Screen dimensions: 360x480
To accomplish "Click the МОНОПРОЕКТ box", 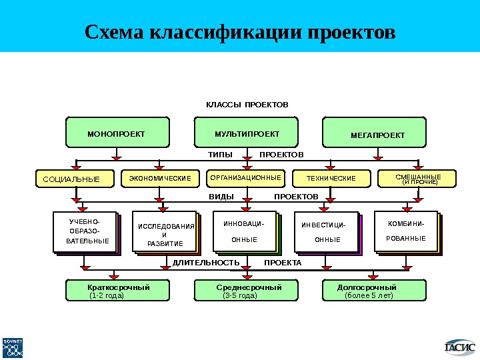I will [x=117, y=133].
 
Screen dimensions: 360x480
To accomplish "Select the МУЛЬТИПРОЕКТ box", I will [x=247, y=133].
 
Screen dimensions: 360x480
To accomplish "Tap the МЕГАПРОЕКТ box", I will [x=377, y=133].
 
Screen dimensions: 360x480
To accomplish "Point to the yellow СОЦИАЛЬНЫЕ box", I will [x=75, y=179].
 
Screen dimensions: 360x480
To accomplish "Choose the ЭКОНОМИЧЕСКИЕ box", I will [x=160, y=178].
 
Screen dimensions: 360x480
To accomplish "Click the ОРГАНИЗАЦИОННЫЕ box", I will [x=245, y=178].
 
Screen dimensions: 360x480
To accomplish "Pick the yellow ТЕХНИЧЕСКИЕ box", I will [x=331, y=178].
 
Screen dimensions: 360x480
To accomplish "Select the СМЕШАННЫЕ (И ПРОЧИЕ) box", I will [x=418, y=178].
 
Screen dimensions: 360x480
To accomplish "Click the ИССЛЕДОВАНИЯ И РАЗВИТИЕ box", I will [x=166, y=234].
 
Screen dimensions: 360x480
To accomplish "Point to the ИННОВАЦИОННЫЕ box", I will [x=245, y=231].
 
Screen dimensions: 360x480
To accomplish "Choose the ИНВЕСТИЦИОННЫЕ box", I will [x=327, y=233].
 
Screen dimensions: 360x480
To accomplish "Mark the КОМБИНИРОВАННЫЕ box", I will [x=407, y=231].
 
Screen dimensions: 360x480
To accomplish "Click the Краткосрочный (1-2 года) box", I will [x=117, y=291].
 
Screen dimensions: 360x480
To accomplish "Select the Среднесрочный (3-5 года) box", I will [x=247, y=291].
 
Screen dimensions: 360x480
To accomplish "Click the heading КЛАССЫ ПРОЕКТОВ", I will [x=247, y=105].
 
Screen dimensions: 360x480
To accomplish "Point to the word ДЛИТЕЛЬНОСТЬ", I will [x=206, y=263].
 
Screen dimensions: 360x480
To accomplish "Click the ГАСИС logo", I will [x=460, y=346].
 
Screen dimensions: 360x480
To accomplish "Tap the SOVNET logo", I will [x=13, y=347].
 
